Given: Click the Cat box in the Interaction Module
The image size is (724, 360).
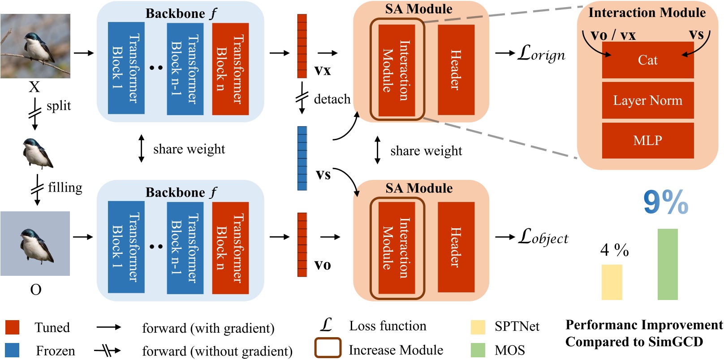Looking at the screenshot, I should tap(647, 60).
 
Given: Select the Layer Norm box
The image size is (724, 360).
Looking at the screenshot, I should tap(647, 100).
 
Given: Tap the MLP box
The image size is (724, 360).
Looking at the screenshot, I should tap(647, 141).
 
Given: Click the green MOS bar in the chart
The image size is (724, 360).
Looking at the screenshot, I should tap(668, 264).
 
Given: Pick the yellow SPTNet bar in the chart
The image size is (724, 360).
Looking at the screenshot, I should tap(612, 282).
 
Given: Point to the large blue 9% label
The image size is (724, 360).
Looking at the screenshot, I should tap(665, 202).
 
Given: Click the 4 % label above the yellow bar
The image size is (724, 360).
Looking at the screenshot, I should tap(614, 250).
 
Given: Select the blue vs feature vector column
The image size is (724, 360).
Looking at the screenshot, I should tap(302, 158).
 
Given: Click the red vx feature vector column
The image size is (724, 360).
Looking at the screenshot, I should tap(302, 46).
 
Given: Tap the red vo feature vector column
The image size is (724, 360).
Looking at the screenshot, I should tap(302, 244).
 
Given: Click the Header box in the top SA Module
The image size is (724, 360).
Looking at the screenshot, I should tap(456, 70).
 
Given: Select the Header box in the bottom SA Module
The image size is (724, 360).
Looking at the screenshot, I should tap(456, 247).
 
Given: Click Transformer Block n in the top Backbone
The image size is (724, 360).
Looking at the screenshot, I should tap(230, 69).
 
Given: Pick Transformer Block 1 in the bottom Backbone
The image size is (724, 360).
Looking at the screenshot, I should tap(126, 247).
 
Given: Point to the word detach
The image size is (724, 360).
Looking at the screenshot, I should tap(332, 99).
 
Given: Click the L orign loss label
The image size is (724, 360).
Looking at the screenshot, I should tap(541, 54).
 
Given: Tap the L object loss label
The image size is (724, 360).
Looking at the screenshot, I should tap(543, 236).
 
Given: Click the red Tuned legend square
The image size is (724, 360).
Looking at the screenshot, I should tap(12, 327).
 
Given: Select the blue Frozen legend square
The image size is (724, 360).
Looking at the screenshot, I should tap(12, 350).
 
